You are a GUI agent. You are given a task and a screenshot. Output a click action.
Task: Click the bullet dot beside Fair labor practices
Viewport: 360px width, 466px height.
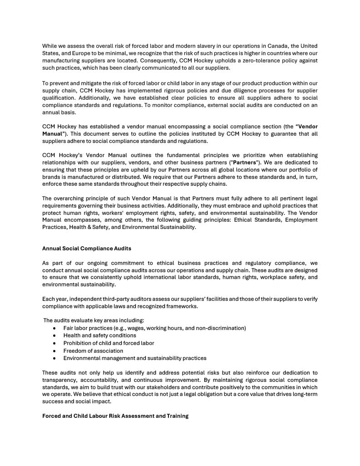click(55, 328)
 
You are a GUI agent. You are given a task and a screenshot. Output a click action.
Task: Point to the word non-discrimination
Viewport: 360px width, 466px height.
click(221, 328)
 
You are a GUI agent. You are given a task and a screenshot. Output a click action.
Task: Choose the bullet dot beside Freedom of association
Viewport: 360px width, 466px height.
click(55, 351)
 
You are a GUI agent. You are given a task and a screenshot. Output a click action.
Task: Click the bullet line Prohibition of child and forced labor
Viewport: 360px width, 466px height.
click(109, 343)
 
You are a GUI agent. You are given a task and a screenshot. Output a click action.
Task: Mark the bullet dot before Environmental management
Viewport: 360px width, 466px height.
click(55, 358)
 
